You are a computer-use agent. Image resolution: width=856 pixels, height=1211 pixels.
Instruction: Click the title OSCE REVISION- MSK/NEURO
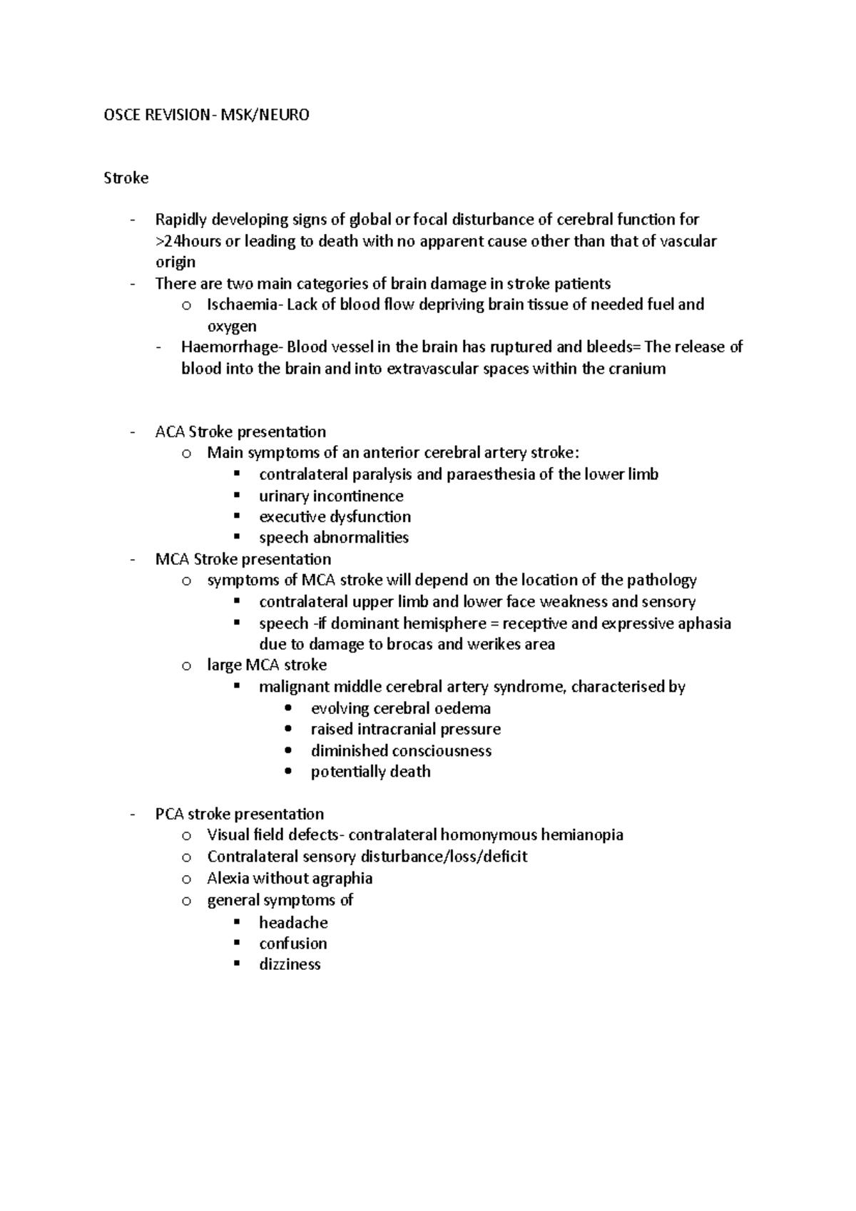click(x=207, y=116)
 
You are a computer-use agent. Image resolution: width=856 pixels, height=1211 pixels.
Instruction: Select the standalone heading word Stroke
click(x=126, y=178)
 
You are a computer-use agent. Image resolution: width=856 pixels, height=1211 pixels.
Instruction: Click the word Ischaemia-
click(x=245, y=305)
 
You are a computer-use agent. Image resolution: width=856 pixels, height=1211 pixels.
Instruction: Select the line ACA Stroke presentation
click(x=240, y=432)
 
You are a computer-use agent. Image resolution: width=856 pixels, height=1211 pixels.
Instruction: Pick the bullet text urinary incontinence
click(x=331, y=496)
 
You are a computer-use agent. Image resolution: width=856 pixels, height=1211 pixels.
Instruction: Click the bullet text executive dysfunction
click(x=335, y=516)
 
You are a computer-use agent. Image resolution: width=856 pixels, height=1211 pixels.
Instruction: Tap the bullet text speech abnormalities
click(x=334, y=538)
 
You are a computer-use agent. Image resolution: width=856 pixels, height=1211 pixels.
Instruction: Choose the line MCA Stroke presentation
click(x=243, y=559)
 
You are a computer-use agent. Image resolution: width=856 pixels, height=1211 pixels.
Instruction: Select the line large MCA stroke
click(x=267, y=665)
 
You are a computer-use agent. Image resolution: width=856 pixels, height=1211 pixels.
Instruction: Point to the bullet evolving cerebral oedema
click(x=401, y=709)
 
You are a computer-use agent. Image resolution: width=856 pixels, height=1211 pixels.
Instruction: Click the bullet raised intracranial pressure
click(x=405, y=730)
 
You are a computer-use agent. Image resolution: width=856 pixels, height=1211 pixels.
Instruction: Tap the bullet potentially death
click(x=370, y=772)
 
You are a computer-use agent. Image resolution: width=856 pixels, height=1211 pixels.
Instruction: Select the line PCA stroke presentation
click(x=240, y=814)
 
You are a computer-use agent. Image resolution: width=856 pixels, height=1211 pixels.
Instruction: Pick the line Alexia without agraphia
click(x=290, y=879)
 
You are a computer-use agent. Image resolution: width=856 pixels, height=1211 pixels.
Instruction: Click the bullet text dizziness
click(x=290, y=965)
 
